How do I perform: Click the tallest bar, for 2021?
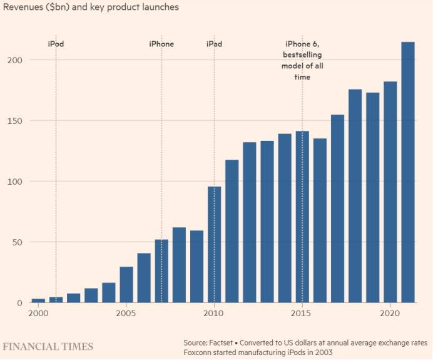pyautogui.click(x=407, y=172)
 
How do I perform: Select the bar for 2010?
pyautogui.click(x=214, y=244)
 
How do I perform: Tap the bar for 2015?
pyautogui.click(x=302, y=217)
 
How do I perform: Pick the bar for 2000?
pyautogui.click(x=38, y=301)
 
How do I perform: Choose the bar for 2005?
pyautogui.click(x=126, y=285)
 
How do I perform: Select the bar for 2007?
pyautogui.click(x=161, y=271)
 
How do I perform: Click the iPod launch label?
pyautogui.click(x=56, y=44)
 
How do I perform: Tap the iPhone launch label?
pyautogui.click(x=161, y=44)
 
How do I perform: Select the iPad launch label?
pyautogui.click(x=214, y=44)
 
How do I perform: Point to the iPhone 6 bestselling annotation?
pyautogui.click(x=302, y=60)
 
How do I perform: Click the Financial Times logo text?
pyautogui.click(x=48, y=346)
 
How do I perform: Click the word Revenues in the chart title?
pyautogui.click(x=24, y=8)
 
